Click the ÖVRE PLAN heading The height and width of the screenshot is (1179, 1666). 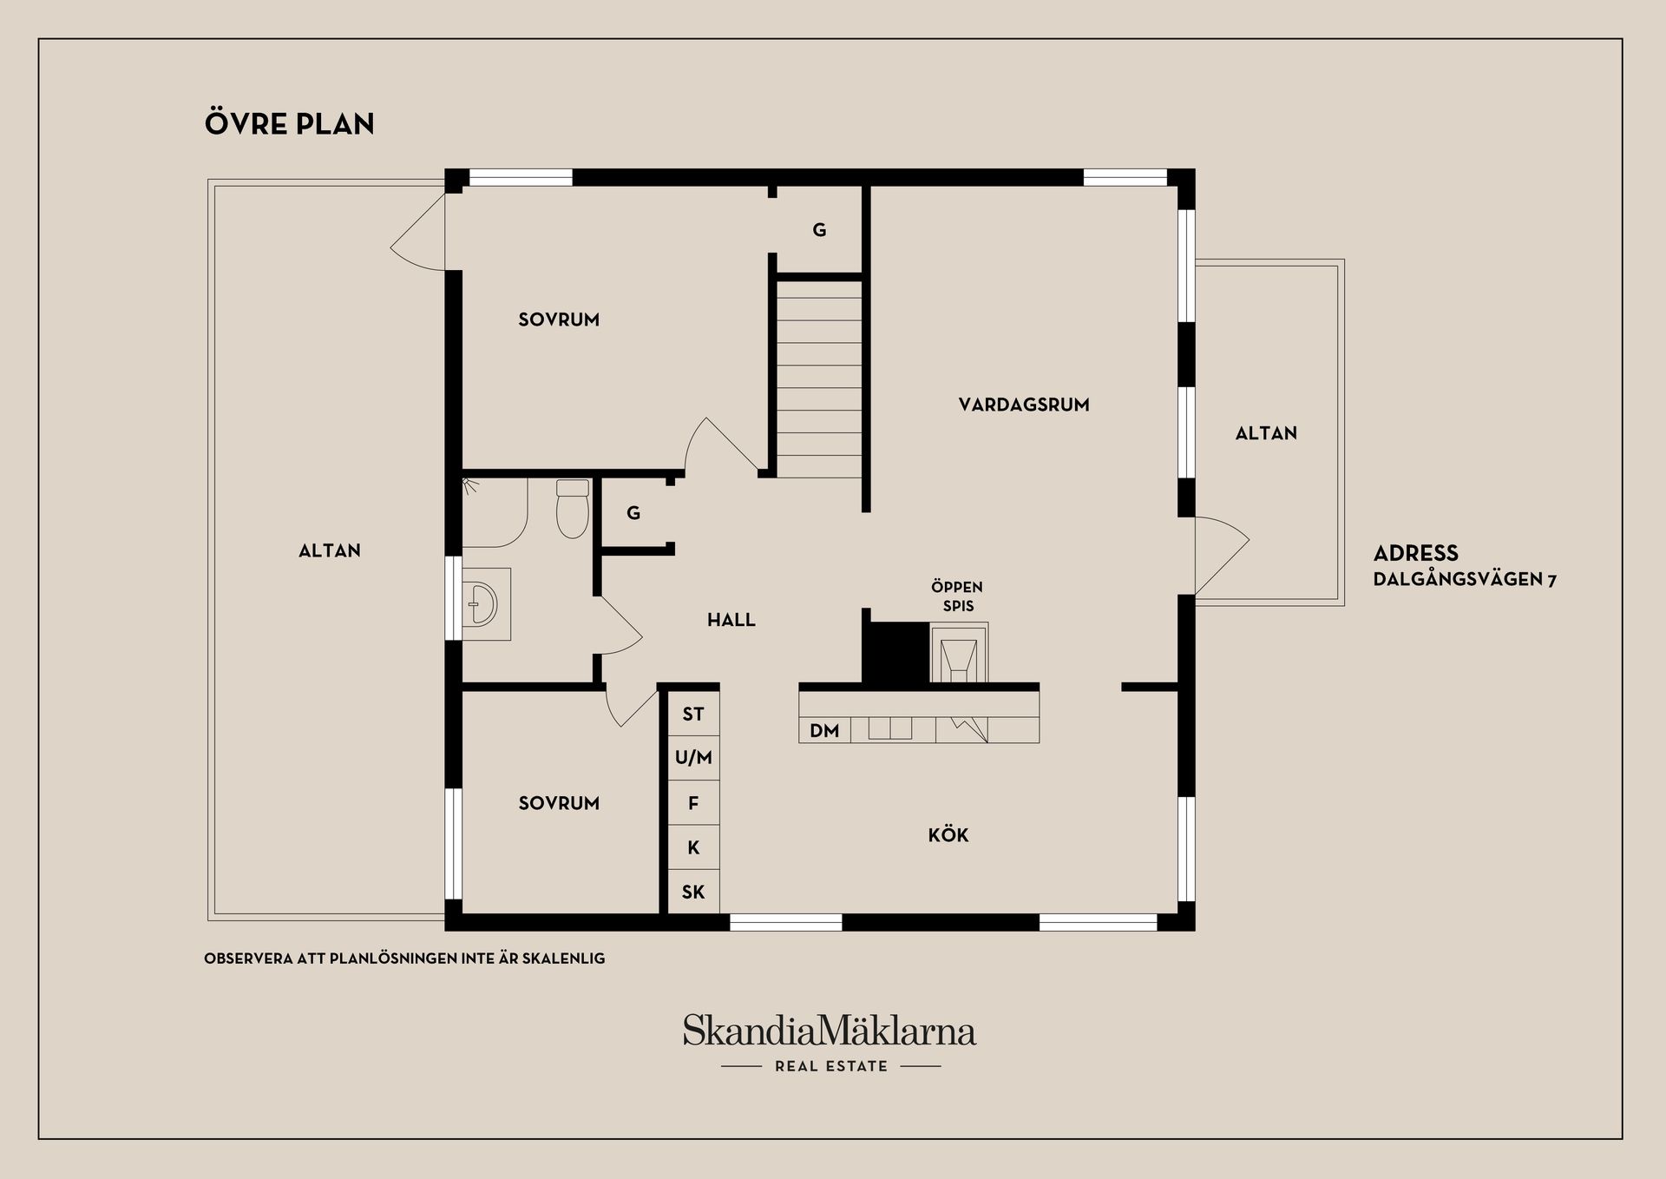click(289, 123)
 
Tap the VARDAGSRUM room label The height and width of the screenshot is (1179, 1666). click(1024, 405)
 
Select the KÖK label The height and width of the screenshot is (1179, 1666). click(948, 835)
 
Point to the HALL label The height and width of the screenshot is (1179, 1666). click(731, 620)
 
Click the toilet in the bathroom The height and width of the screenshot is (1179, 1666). click(573, 508)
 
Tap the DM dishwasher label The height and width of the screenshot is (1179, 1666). click(824, 731)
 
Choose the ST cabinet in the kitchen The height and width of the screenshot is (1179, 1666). click(693, 715)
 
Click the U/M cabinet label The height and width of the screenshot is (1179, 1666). click(693, 758)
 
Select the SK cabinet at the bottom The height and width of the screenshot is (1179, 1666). click(693, 892)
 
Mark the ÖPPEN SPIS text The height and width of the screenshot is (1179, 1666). click(958, 596)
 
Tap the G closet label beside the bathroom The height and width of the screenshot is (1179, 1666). click(633, 513)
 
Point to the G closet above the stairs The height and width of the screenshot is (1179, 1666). click(819, 230)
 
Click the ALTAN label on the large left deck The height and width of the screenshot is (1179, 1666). click(330, 550)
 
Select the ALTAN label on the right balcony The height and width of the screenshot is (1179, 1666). click(1266, 433)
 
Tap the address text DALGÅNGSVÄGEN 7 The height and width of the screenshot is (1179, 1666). click(1465, 579)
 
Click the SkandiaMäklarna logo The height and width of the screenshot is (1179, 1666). click(830, 1041)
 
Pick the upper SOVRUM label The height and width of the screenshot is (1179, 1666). click(559, 319)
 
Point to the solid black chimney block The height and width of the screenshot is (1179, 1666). click(895, 653)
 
